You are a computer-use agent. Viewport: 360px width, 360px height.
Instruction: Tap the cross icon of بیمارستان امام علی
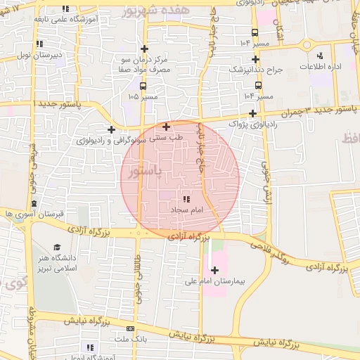tap(214, 270)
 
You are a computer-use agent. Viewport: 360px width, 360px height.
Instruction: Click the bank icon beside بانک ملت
tap(129, 329)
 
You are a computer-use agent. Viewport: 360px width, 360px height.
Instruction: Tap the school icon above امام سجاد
tap(186, 200)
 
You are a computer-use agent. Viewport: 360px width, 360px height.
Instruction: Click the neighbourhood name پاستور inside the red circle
tap(147, 171)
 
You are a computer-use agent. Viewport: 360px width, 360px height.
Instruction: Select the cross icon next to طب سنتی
tap(166, 127)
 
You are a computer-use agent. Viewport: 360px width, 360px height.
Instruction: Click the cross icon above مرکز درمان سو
tap(145, 49)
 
